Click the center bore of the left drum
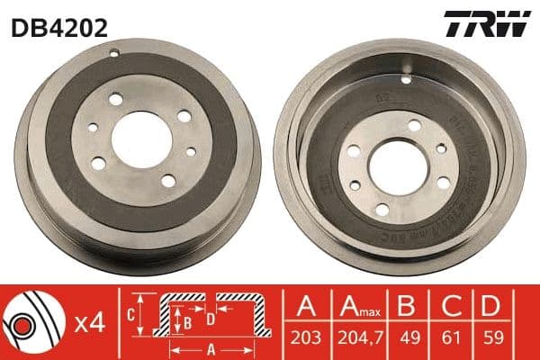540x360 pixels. point(136,142)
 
